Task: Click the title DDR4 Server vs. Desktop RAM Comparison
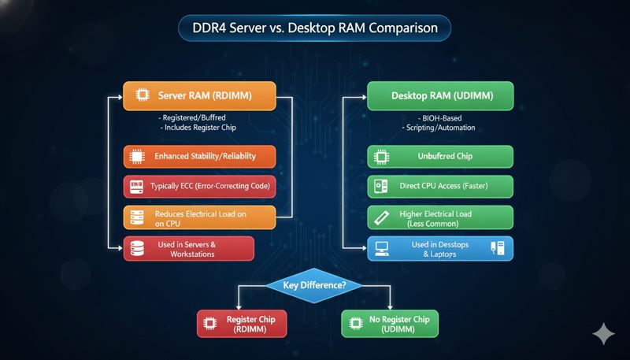[314, 30]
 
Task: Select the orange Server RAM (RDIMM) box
[198, 96]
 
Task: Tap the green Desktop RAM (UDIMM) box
[440, 96]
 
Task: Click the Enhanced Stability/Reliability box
[198, 156]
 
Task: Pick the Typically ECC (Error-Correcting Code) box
[198, 187]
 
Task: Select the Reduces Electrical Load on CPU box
[198, 217]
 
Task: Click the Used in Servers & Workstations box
[189, 249]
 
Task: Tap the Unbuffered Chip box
[440, 156]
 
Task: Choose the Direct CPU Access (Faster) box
[440, 187]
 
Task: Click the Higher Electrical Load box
[440, 217]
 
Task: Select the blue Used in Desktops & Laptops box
[440, 249]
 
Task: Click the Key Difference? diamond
[314, 285]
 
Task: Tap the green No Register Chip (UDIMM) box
[389, 324]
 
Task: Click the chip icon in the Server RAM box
[143, 96]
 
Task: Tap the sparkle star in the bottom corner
[604, 334]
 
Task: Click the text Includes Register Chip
[198, 128]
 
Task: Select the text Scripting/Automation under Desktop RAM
[440, 128]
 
